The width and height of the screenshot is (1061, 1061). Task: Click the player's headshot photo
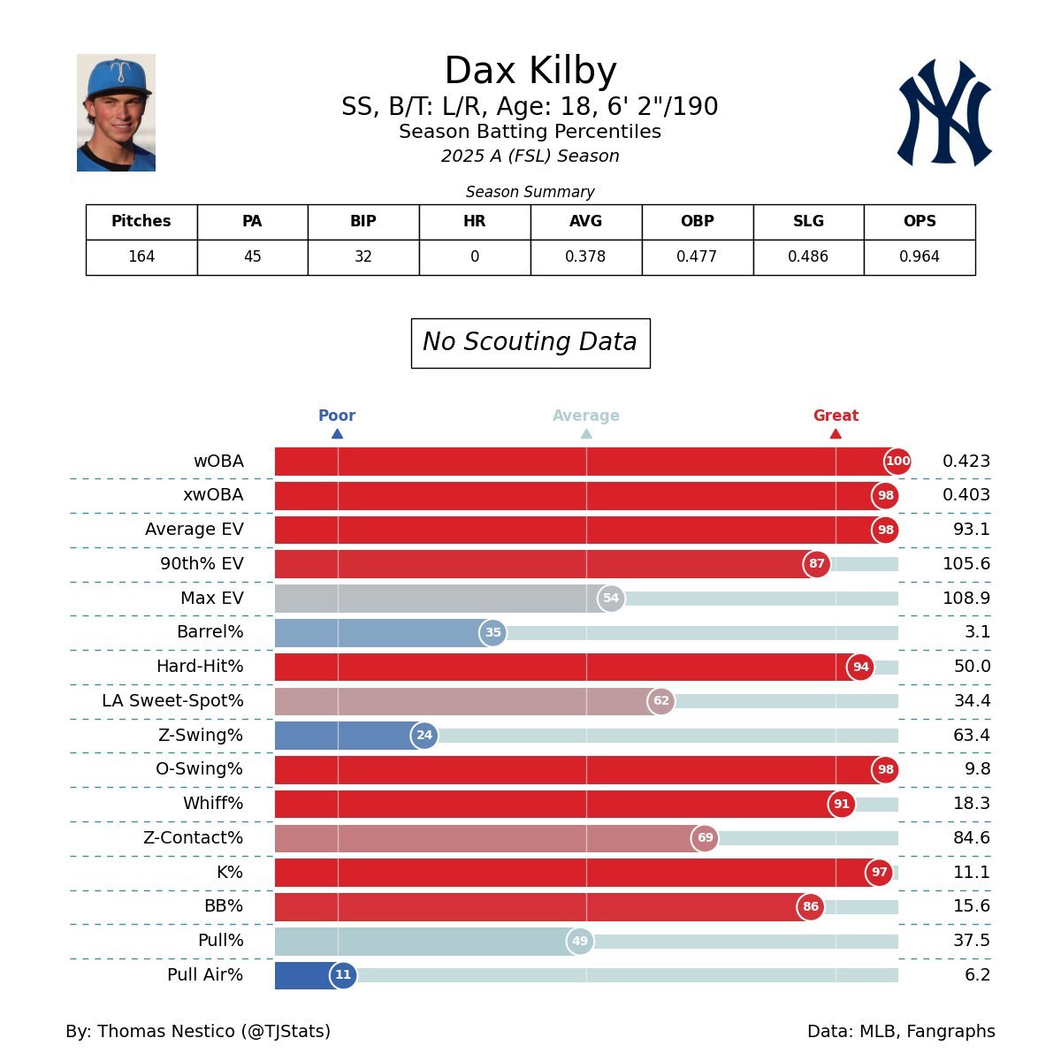click(116, 112)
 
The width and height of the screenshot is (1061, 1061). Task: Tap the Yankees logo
click(944, 112)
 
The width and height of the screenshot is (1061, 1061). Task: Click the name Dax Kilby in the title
click(530, 71)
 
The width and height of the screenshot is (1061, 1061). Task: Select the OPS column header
click(920, 222)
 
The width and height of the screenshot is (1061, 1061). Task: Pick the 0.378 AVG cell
click(585, 257)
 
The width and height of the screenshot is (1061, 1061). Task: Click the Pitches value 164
click(141, 257)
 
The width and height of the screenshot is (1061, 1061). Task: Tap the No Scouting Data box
click(530, 343)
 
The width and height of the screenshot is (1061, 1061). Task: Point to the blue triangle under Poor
click(337, 433)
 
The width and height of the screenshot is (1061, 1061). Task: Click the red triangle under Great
click(836, 433)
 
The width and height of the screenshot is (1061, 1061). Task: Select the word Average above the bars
click(586, 416)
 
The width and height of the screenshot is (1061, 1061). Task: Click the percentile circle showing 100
click(897, 462)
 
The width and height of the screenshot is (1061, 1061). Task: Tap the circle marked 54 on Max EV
click(611, 599)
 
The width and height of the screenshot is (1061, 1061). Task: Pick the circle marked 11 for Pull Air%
click(343, 975)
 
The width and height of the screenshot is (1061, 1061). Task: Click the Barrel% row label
click(210, 632)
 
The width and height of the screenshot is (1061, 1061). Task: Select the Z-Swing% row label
click(201, 736)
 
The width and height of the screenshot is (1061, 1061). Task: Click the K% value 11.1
click(972, 873)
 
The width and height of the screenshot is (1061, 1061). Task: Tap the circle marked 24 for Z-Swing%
click(424, 736)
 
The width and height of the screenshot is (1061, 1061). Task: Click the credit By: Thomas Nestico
click(198, 1032)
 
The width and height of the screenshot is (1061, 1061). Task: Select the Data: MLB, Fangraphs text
click(901, 1032)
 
